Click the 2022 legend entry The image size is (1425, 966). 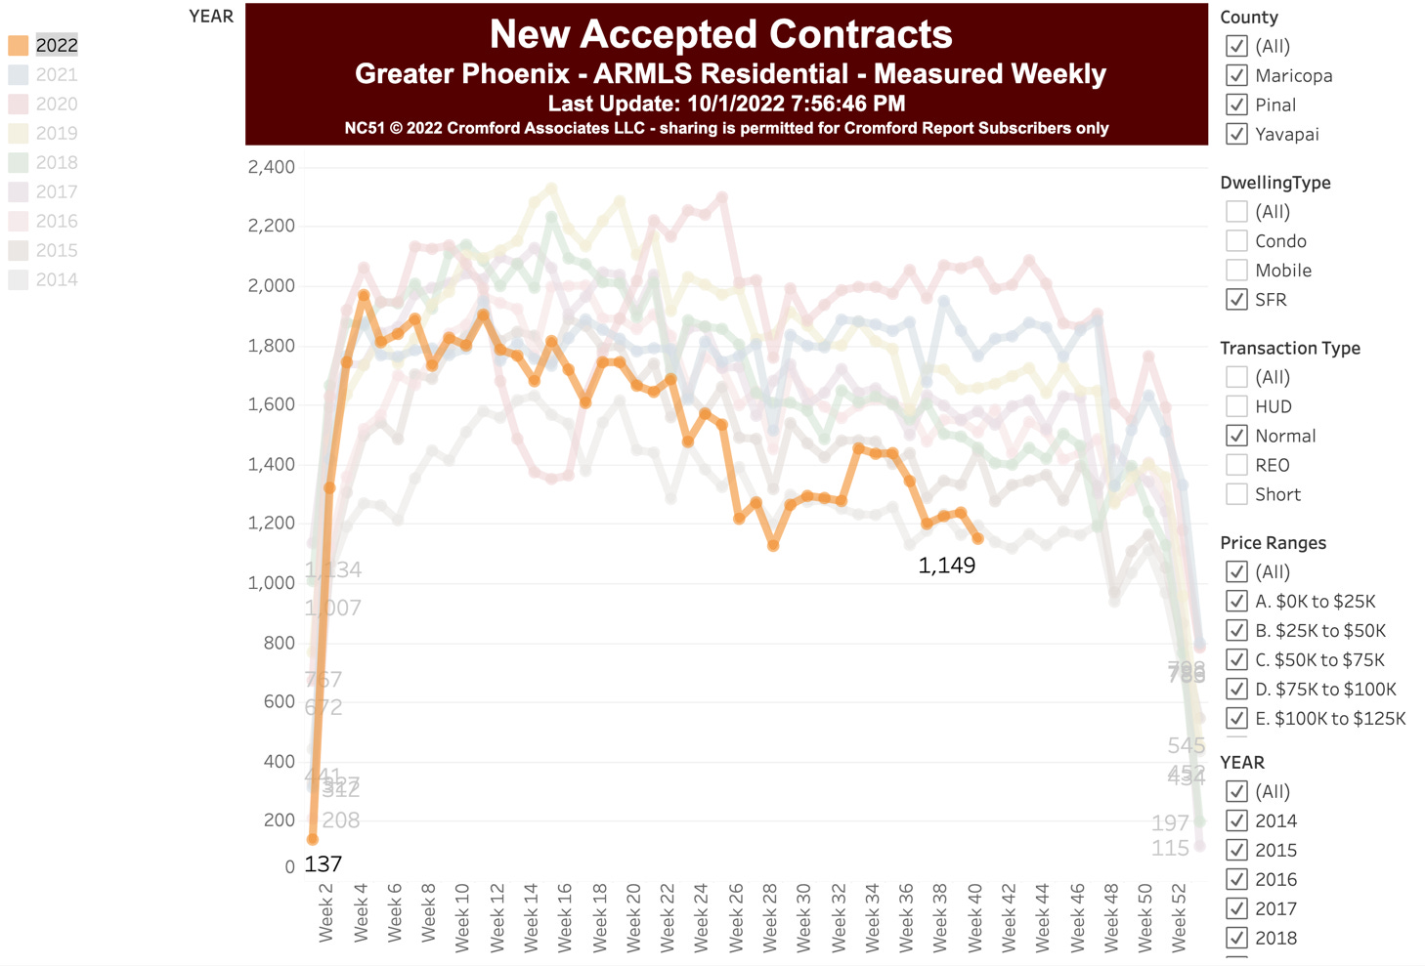56,45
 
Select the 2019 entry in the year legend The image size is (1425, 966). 56,133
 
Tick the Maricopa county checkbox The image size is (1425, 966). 1236,75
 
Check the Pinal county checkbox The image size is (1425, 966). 1236,105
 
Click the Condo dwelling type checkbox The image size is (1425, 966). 1236,241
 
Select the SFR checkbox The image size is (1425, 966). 1236,300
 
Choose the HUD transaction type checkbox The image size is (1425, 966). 1236,406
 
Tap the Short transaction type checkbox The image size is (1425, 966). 1236,494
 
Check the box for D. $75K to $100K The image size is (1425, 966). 1236,689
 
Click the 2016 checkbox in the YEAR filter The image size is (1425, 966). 1236,879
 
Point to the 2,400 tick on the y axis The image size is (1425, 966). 271,167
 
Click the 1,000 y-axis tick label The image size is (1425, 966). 271,583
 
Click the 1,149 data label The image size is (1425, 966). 946,566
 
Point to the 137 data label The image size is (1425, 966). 323,864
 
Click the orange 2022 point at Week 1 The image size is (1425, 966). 313,839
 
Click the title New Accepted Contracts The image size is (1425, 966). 720,34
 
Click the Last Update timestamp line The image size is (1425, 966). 726,104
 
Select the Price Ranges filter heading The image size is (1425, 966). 1273,543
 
